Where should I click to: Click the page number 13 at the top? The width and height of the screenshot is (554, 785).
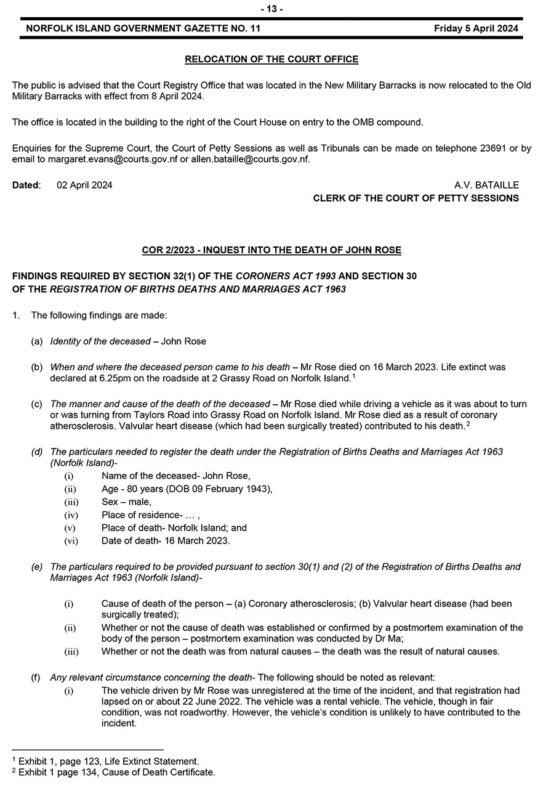(271, 9)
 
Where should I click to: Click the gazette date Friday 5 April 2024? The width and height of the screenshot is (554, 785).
(476, 28)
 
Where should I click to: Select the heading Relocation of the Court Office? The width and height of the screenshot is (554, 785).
(271, 60)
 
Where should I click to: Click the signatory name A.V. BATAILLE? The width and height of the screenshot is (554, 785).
(486, 185)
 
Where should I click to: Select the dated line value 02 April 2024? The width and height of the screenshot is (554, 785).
(84, 185)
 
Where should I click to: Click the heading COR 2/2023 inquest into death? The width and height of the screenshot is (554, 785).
(271, 250)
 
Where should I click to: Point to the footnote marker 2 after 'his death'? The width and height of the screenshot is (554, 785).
(468, 423)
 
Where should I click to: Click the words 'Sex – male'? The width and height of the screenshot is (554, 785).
(126, 502)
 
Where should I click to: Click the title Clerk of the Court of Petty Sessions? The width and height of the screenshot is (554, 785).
(415, 198)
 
